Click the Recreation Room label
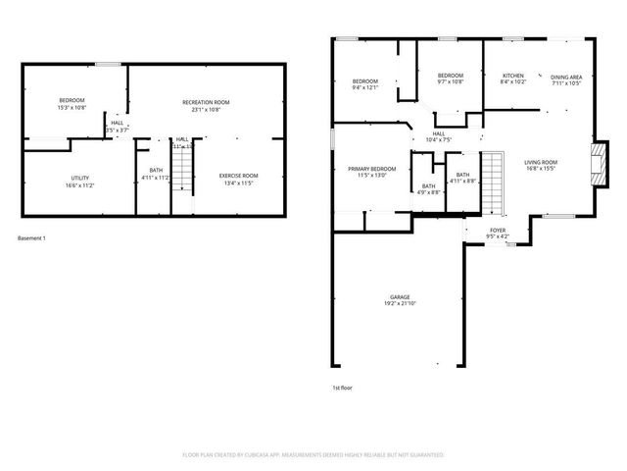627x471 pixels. pos(206,102)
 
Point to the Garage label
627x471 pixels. pos(400,296)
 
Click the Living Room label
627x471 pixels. pos(540,162)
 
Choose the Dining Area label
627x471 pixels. pos(565,77)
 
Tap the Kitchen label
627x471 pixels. pos(513,76)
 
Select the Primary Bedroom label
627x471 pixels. pos(371,169)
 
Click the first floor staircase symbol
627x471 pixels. pos(491,183)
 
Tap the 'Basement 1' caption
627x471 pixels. pos(32,238)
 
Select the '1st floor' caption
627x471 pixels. pos(342,388)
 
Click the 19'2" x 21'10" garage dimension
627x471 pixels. pos(400,303)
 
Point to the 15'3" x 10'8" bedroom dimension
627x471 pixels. pos(72,108)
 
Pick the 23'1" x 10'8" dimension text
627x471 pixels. pos(206,109)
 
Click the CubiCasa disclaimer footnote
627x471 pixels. pos(313,455)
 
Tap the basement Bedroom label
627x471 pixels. pos(72,101)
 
